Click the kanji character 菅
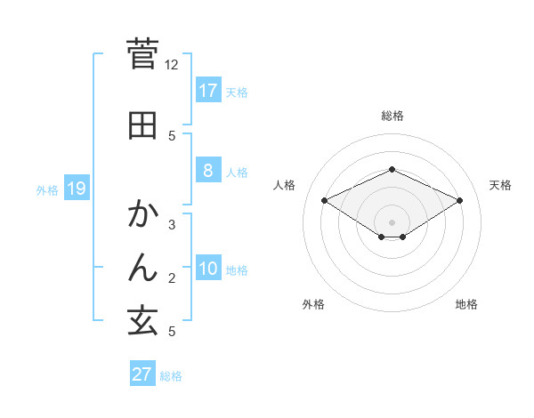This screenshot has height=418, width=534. pyautogui.click(x=143, y=54)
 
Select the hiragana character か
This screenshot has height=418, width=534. pyautogui.click(x=143, y=213)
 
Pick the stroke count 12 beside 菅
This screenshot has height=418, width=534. pyautogui.click(x=172, y=65)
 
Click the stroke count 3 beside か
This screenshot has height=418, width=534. pyautogui.click(x=172, y=225)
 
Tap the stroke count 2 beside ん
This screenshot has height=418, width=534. pyautogui.click(x=172, y=278)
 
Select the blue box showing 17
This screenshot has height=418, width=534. pyautogui.click(x=207, y=90)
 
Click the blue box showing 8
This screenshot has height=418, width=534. pyautogui.click(x=207, y=171)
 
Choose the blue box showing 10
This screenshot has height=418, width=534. pyautogui.click(x=207, y=269)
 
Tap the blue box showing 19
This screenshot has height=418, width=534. pyautogui.click(x=77, y=188)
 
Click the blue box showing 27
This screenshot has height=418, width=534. pyautogui.click(x=142, y=374)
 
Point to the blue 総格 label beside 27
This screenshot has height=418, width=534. pyautogui.click(x=171, y=375)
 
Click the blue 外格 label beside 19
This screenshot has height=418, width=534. pyautogui.click(x=47, y=189)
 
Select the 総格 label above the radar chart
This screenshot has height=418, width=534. pyautogui.click(x=392, y=116)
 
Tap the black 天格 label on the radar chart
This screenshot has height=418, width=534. pyautogui.click(x=500, y=185)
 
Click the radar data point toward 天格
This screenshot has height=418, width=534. pyautogui.click(x=460, y=200)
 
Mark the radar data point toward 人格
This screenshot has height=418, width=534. pyautogui.click(x=324, y=200)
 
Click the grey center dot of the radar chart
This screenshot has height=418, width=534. pyautogui.click(x=392, y=221)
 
